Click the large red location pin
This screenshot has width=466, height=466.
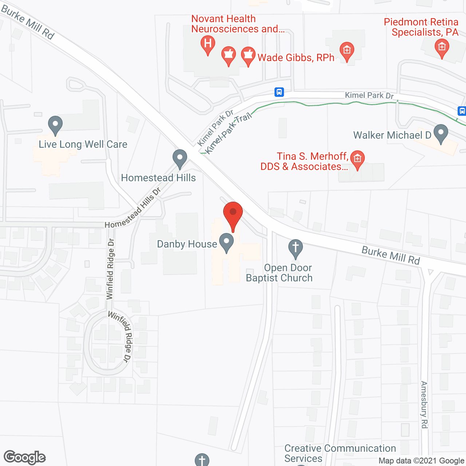pos(233,215)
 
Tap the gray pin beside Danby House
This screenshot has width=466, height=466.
pos(226,243)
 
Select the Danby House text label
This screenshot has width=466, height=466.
pos(187,244)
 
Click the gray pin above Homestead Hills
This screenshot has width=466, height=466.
pos(179,159)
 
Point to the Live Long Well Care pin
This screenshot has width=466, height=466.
pos(55,125)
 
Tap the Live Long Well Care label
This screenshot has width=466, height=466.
pos(83,144)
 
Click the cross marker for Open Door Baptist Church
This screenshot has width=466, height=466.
pos(296,248)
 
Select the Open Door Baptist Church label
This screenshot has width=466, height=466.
pos(280,273)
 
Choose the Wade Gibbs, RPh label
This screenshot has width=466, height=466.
pos(296,58)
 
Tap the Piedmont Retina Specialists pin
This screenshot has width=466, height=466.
pos(442,48)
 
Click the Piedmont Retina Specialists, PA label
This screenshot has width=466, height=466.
pos(422,27)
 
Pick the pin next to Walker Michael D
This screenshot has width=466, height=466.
pos(441,134)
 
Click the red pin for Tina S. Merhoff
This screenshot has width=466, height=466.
pos(358,160)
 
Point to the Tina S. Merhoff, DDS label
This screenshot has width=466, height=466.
pos(304,161)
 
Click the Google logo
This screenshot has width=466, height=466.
pos(25,457)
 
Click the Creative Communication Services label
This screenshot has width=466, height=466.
pos(340,453)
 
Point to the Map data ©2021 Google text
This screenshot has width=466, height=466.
pos(421,461)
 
